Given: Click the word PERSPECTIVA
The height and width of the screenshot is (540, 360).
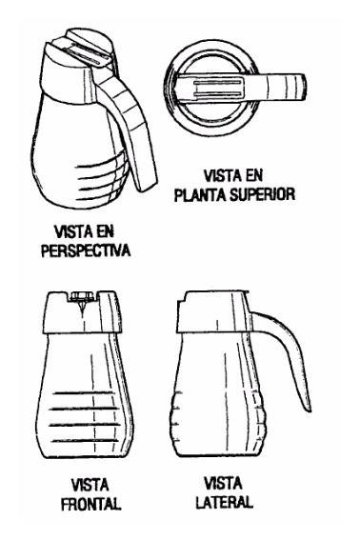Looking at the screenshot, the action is pos(86,250).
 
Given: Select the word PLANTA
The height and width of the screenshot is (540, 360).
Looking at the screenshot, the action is pos(201,195).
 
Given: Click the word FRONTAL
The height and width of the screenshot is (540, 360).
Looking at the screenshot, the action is pos(90,504).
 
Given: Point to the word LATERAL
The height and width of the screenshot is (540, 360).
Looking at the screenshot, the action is pos(225,502).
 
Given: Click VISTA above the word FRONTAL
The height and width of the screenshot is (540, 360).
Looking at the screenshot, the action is pos(90,486).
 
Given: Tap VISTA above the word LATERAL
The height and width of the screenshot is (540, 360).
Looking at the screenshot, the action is pos(223,484).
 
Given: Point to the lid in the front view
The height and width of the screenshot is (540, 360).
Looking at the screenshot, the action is pos(83,312).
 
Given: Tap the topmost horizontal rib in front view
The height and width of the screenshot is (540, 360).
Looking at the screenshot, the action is pos(84,393).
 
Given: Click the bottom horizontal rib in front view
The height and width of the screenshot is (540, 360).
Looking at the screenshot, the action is pos(85,441).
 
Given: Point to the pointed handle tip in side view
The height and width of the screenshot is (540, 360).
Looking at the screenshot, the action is pos(309,410).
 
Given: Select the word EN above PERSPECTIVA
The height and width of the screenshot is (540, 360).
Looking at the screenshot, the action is pos(105,231).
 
